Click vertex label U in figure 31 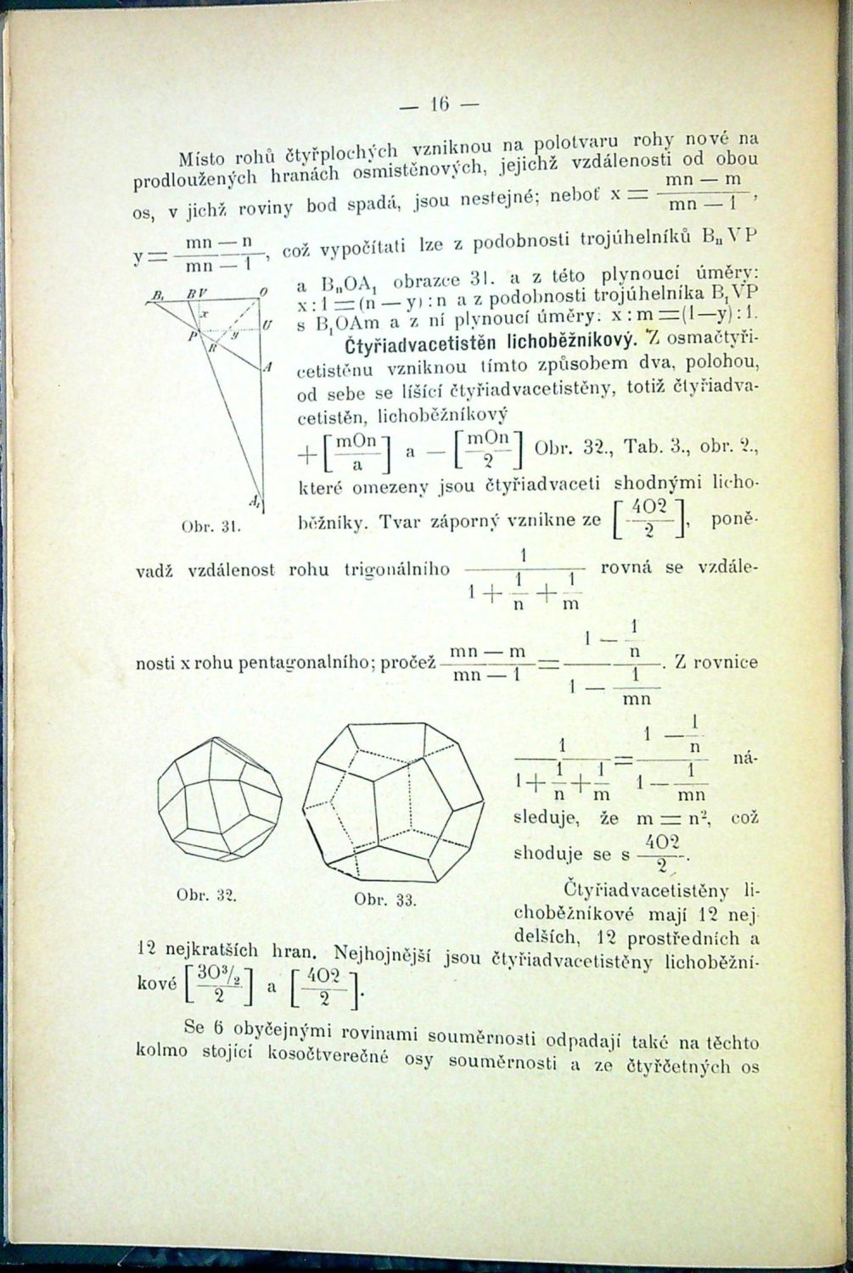pos(267,325)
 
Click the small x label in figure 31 pos(204,314)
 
